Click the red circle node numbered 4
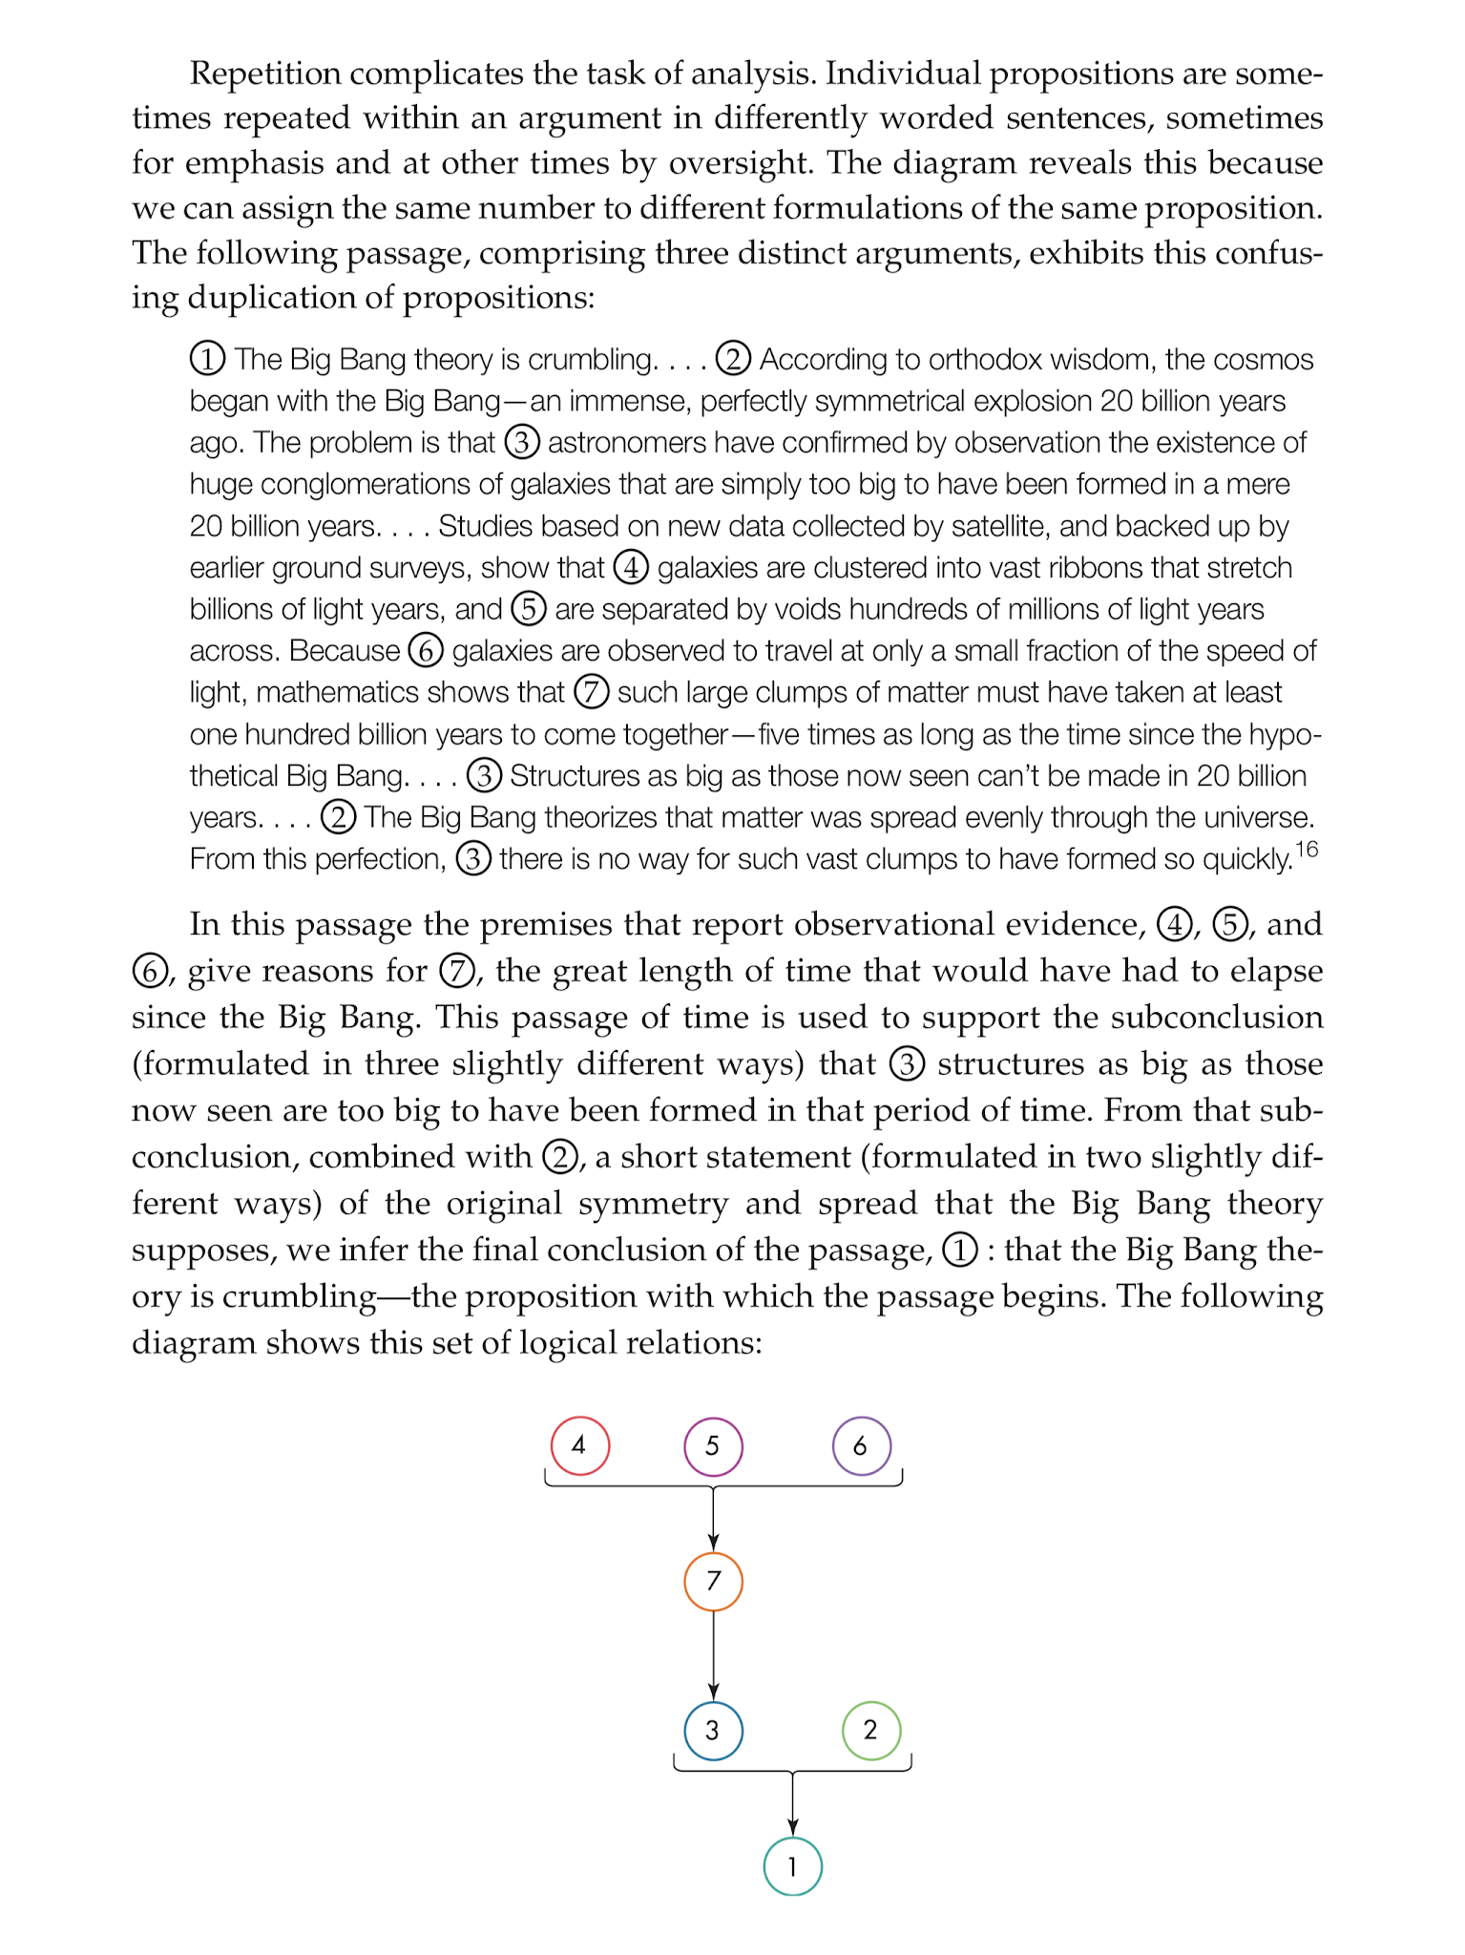point(579,1445)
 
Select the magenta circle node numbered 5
point(713,1445)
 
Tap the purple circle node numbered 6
point(861,1445)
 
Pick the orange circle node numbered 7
point(713,1581)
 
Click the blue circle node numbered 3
point(713,1730)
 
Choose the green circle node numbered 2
point(870,1730)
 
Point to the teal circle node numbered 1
point(792,1866)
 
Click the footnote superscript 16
point(1306,849)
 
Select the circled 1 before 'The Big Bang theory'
point(207,359)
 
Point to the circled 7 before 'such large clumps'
point(591,692)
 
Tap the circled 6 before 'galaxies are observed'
point(426,650)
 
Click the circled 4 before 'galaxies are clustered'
point(631,567)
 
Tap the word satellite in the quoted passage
point(1002,526)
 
